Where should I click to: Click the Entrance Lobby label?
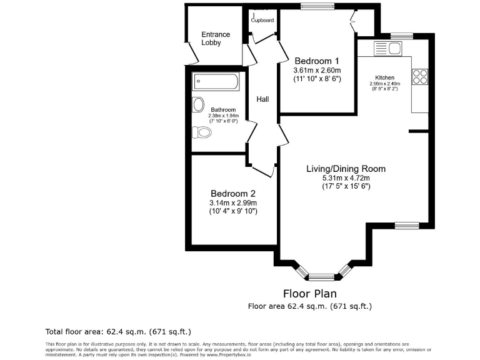215,38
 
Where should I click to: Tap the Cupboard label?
262,21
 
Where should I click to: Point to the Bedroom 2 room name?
233,193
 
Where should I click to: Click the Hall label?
262,99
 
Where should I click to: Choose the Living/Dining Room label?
346,169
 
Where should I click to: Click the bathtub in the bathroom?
215,81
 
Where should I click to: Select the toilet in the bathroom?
201,132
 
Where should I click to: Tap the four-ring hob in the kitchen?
419,76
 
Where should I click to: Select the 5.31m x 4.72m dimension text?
346,177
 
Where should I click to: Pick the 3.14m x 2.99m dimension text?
233,202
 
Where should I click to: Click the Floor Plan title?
310,293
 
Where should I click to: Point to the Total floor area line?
118,331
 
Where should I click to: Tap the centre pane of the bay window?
322,276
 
